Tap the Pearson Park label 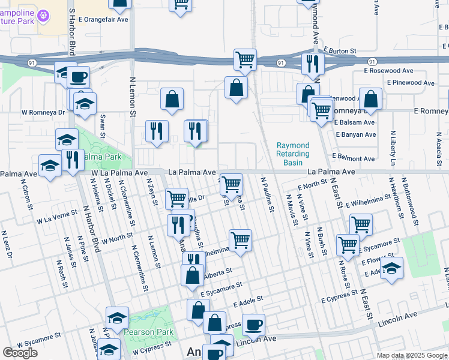click(149, 332)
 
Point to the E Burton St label click(340, 51)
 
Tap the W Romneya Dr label click(43, 112)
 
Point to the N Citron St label click(26, 197)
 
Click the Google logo click(20, 353)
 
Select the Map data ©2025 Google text click(412, 355)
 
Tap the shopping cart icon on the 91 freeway click(245, 60)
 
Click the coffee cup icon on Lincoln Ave click(253, 325)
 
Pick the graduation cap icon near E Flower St click(391, 268)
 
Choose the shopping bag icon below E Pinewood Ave click(372, 100)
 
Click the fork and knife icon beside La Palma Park click(72, 160)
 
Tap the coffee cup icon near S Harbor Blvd click(78, 77)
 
